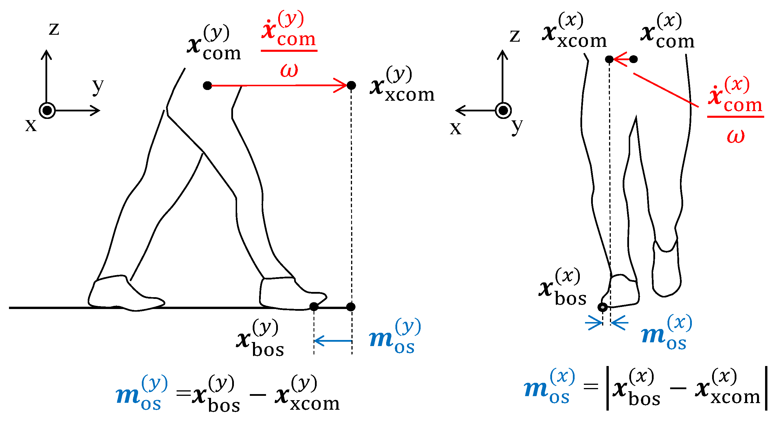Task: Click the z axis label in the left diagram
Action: point(54,30)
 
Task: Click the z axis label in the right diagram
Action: point(514,36)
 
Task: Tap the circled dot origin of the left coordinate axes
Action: point(47,110)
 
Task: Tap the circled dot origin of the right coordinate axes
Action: point(503,110)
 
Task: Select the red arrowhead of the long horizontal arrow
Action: point(341,85)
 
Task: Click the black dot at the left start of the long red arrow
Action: point(207,85)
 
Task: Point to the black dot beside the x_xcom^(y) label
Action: point(351,85)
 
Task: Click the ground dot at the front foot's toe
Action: point(314,306)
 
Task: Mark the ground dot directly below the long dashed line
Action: point(351,307)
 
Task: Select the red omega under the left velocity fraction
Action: point(289,70)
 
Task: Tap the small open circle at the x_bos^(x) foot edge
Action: point(602,307)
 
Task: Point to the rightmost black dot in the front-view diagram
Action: point(633,59)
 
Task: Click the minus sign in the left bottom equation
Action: point(258,395)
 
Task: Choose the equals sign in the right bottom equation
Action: point(591,387)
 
